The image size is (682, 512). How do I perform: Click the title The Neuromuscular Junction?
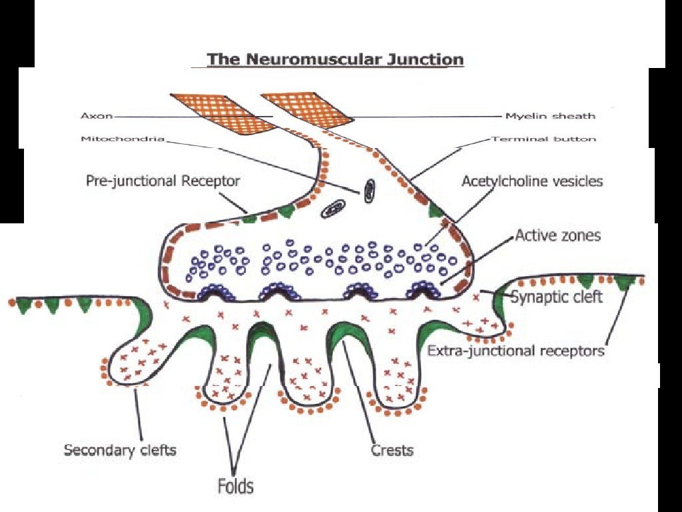pyautogui.click(x=335, y=59)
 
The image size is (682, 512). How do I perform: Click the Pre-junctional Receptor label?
pyautogui.click(x=163, y=180)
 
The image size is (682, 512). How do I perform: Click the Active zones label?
pyautogui.click(x=557, y=235)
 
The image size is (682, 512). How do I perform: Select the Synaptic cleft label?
pyautogui.click(x=556, y=295)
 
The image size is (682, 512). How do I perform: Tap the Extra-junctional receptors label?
pyautogui.click(x=515, y=349)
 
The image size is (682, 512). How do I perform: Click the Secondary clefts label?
pyautogui.click(x=120, y=449)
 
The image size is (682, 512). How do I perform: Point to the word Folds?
pyautogui.click(x=235, y=485)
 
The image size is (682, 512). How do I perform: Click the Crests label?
pyautogui.click(x=392, y=450)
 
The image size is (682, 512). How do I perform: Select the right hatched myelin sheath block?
pyautogui.click(x=308, y=109)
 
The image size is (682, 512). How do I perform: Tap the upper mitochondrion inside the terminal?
pyautogui.click(x=368, y=191)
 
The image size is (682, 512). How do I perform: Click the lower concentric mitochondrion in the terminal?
pyautogui.click(x=332, y=211)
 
